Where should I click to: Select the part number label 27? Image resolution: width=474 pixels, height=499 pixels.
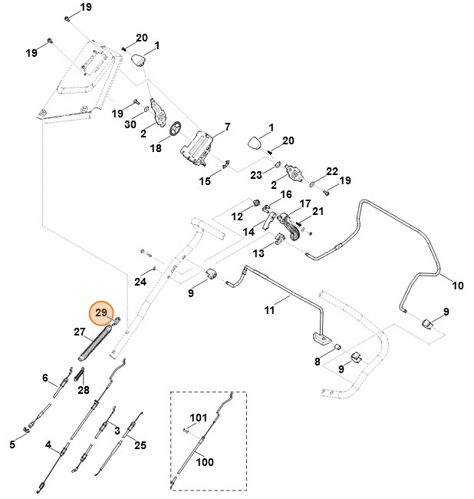coord(80,332)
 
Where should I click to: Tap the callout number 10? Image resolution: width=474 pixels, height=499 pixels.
coord(458,286)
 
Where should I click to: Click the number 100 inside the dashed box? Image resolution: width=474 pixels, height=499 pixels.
coord(205,461)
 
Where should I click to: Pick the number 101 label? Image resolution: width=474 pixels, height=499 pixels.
coord(198,418)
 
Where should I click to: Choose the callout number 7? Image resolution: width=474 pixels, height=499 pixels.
coord(227,126)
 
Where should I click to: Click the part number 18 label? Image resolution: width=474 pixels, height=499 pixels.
coord(155,147)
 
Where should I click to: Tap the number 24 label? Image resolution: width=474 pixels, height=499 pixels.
coord(140,281)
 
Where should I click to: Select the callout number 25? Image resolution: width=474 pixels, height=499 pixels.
coord(140,444)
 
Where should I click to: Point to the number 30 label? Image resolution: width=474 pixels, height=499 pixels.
coord(130,124)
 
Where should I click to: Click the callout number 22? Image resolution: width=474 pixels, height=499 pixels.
coord(332,170)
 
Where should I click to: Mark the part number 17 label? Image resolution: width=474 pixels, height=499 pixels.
coord(304,203)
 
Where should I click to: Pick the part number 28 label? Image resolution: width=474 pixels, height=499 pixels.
coord(84,389)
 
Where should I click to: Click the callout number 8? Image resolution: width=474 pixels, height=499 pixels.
coord(317,362)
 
